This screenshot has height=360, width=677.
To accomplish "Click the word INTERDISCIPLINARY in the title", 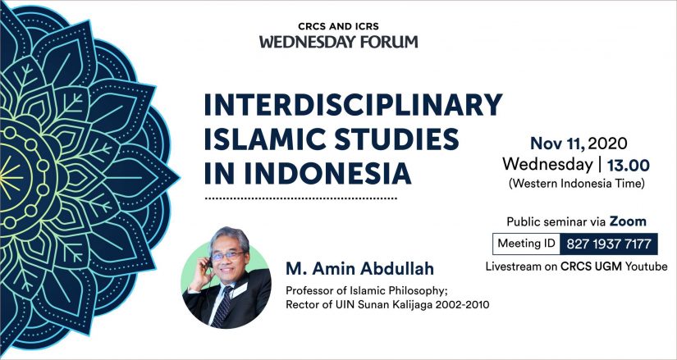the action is (x=353, y=105).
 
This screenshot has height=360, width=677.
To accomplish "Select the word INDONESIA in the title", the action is (x=327, y=173).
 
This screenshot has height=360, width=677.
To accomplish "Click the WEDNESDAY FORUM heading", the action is (x=338, y=42).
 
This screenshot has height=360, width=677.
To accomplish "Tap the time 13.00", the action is (x=629, y=165).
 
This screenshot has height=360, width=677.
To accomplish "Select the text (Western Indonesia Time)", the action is (x=577, y=184).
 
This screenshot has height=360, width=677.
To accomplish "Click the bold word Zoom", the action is (x=628, y=221).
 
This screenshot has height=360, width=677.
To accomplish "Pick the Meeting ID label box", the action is (x=526, y=244).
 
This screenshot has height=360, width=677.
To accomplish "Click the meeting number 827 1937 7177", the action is (x=609, y=244).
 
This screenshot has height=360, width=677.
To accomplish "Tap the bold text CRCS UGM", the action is (x=591, y=267).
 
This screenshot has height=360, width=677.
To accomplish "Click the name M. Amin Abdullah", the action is (x=359, y=268).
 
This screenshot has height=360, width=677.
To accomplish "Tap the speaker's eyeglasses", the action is (x=227, y=256).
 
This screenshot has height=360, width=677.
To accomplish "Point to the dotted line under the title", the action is (x=300, y=199).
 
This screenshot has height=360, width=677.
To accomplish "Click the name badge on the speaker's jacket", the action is (x=239, y=290).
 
